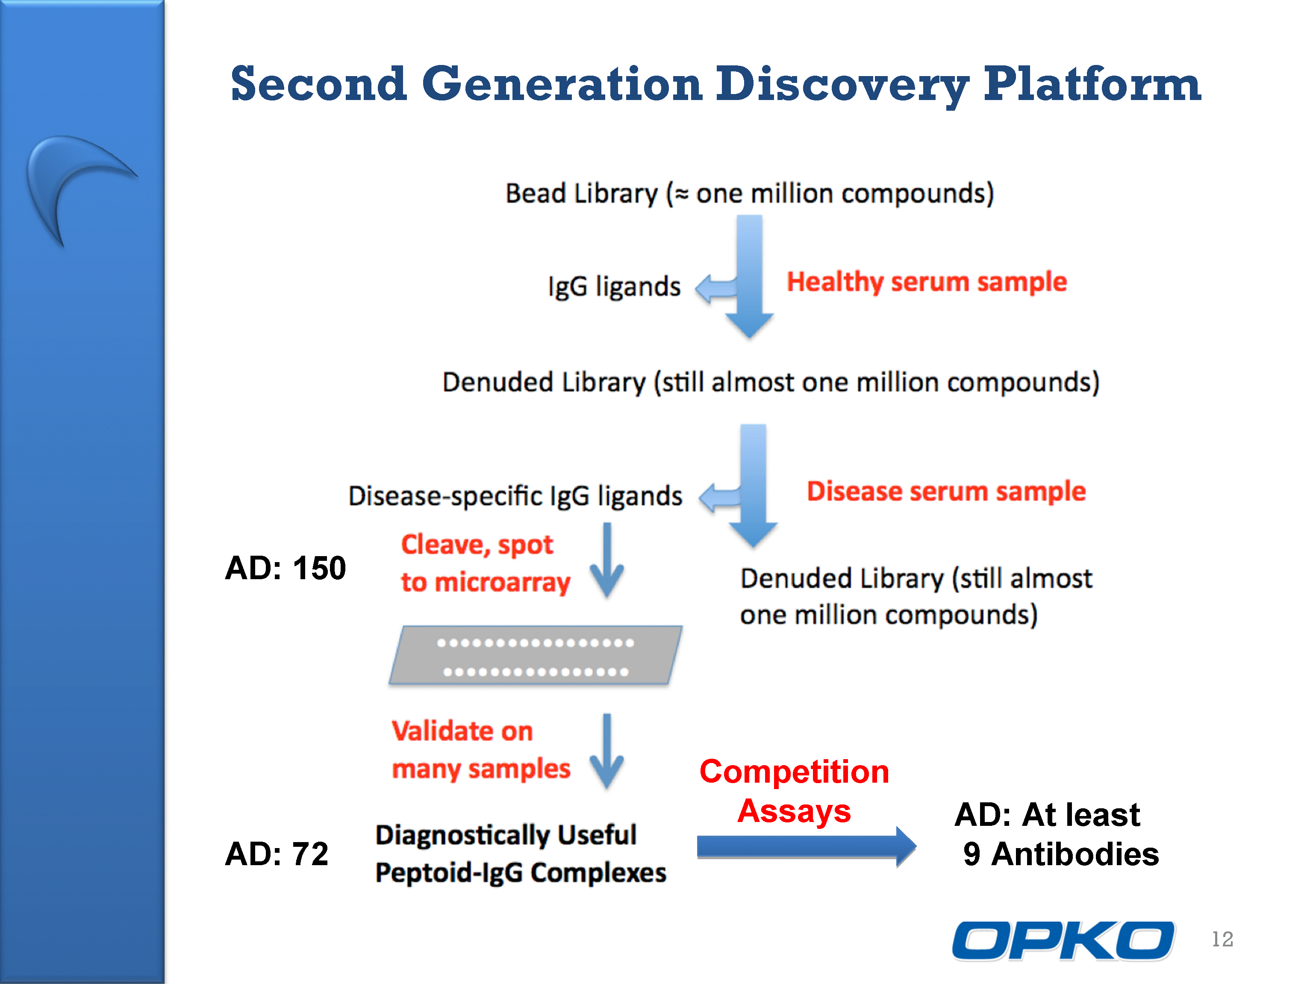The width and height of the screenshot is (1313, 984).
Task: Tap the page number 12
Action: coord(1222,939)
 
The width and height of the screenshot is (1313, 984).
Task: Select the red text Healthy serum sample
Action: coord(927,282)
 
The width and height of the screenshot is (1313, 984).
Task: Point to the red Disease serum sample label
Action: coord(946,492)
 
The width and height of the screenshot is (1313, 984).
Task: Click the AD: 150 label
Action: coord(286,568)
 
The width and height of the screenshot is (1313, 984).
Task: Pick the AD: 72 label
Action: coord(277,854)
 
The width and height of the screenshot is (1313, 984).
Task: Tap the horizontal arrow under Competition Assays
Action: coord(806,847)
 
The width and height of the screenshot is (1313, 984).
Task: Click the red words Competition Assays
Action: coord(794,791)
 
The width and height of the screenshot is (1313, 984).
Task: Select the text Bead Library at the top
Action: coord(582,194)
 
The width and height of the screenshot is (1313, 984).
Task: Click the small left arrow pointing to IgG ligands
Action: coord(716,289)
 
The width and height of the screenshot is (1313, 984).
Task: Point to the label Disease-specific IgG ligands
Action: coord(515,496)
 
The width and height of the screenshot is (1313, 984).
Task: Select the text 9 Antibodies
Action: coord(1061,854)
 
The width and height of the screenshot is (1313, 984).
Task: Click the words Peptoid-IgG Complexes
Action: coord(521,873)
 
